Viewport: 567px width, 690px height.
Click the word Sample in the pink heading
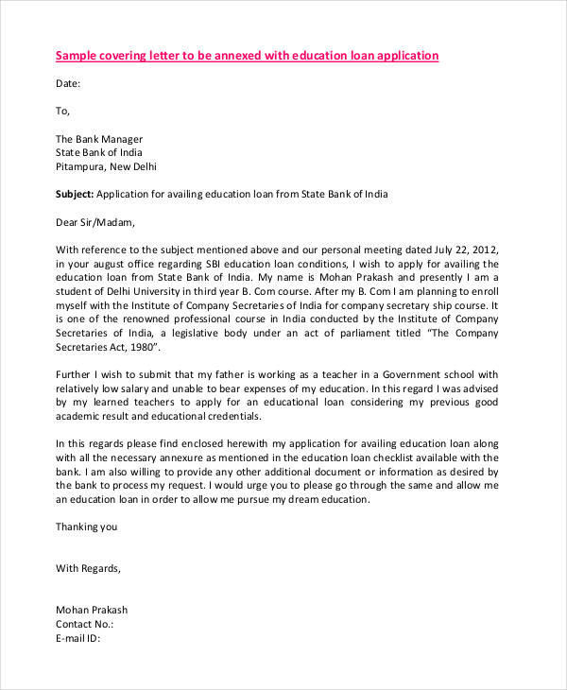tap(77, 56)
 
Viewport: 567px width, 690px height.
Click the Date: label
tap(68, 83)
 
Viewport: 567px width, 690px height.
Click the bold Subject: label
tap(76, 194)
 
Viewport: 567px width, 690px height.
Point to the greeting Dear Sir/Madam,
tap(95, 223)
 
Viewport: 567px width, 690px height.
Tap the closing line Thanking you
tap(87, 526)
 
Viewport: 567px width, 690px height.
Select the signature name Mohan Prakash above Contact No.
tap(92, 611)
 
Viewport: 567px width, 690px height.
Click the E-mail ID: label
tap(77, 638)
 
